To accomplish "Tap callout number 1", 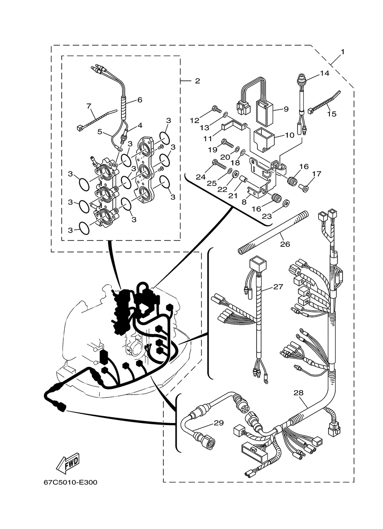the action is coord(343,52).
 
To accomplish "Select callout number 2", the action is coord(197,81).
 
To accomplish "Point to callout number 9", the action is coord(286,109).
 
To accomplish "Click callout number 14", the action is coord(325,73).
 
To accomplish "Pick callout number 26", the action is coord(285,244).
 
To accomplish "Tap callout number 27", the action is coord(278,287).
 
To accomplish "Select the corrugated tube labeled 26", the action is coord(273,233).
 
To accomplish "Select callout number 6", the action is coord(140,100).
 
